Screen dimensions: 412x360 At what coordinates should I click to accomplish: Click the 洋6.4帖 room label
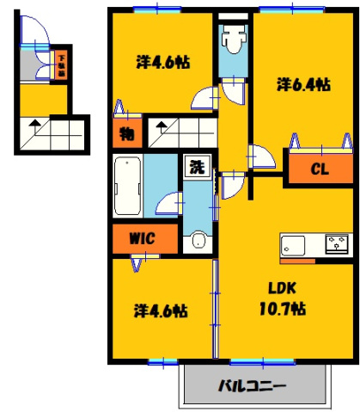click(x=303, y=84)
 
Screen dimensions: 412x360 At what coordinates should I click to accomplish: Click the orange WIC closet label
click(x=142, y=239)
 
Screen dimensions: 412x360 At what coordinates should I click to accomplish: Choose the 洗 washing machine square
click(x=196, y=166)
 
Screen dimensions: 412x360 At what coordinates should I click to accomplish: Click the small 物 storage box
click(x=126, y=133)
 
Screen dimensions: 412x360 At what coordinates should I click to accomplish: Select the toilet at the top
click(x=232, y=39)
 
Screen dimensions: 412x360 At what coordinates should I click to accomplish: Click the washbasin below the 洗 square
click(x=198, y=240)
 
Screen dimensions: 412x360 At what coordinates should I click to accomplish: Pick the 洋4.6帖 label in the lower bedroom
click(x=161, y=310)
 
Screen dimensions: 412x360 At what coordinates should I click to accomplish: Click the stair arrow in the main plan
click(x=160, y=128)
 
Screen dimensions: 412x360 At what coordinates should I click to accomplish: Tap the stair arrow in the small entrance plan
click(x=35, y=126)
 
